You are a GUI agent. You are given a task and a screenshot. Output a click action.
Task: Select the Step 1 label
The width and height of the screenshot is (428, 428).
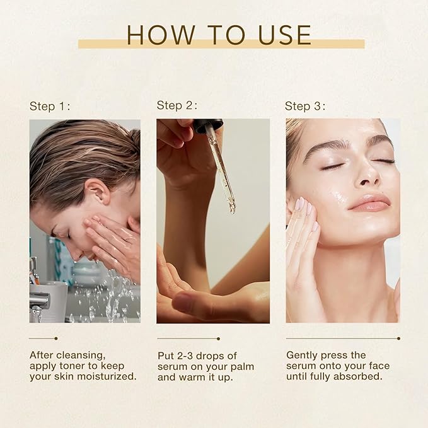(50, 107)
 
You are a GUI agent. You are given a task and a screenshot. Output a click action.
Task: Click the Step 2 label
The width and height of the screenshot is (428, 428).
(177, 105)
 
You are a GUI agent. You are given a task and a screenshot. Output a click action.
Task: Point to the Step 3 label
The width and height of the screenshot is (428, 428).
(305, 107)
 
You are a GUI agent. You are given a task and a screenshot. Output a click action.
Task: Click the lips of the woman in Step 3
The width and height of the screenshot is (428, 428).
(369, 203)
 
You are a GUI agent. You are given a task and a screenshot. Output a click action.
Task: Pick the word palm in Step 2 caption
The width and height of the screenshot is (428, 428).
(250, 366)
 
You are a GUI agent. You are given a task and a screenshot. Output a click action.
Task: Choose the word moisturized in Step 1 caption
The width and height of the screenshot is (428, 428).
(105, 376)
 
